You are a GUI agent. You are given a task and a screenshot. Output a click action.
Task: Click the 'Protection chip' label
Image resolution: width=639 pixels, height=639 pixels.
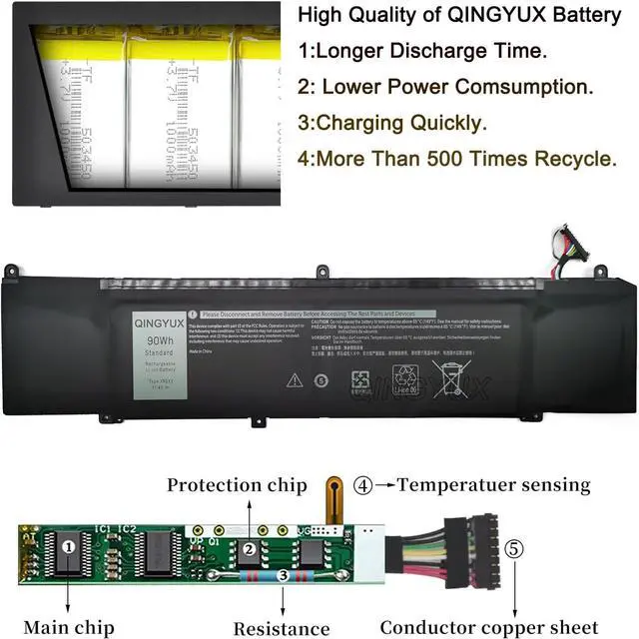(x=237, y=486)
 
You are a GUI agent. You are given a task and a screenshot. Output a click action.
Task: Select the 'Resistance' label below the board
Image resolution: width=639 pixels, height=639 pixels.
(x=281, y=628)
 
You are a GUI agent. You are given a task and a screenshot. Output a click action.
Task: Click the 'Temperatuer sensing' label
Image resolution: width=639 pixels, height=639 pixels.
(x=494, y=486)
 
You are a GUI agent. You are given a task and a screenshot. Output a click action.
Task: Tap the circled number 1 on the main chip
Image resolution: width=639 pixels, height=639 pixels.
(x=67, y=547)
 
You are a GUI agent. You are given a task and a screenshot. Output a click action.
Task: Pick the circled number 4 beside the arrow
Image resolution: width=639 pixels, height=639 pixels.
(x=363, y=486)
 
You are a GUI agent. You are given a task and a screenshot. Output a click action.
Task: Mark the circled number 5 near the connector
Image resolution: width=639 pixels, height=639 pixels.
(x=512, y=548)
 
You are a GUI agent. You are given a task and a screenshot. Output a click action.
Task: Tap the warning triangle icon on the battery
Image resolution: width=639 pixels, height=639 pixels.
(x=295, y=379)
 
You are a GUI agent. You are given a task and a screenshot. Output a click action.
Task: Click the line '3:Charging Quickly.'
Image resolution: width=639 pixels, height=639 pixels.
(x=393, y=124)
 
